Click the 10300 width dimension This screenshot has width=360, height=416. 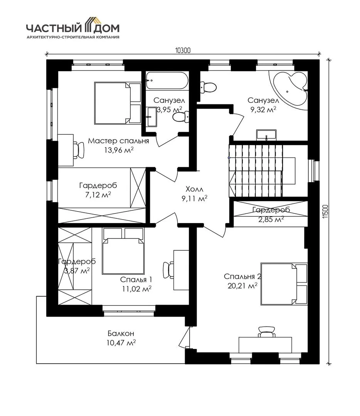point(183,50)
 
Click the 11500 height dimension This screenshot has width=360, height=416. point(326,212)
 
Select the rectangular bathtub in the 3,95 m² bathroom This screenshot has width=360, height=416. point(167,81)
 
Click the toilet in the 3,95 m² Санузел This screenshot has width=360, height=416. point(181,117)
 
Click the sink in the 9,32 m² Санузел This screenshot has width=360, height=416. point(266,134)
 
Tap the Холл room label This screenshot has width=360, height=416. point(194,189)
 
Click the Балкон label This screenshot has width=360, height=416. point(121,333)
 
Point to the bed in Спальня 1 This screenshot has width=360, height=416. point(123,251)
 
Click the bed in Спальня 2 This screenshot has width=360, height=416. point(284,283)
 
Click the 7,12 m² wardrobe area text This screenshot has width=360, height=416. point(98,195)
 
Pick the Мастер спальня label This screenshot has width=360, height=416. point(118,141)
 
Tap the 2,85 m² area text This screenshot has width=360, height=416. point(271,220)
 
